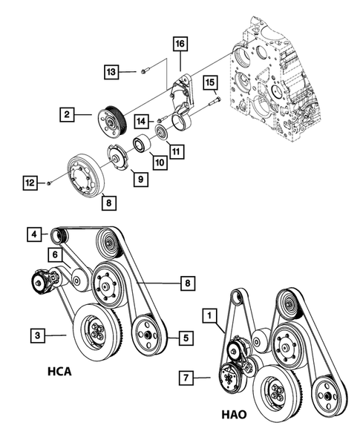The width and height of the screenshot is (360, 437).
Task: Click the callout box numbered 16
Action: coord(180,45)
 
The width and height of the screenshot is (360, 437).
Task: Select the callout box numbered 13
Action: coord(111,71)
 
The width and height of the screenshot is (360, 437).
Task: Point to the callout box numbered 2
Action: coord(67,114)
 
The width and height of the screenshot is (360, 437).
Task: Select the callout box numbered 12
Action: coord(30,182)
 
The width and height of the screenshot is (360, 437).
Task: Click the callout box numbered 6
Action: coord(54,254)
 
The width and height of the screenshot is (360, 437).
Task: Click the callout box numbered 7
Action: coord(189,378)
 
